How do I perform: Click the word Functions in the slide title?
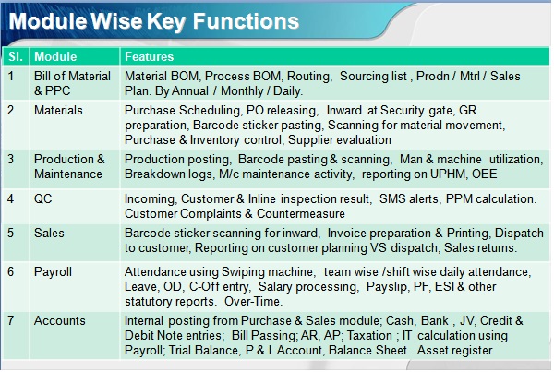(246, 21)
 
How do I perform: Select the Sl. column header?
(15, 56)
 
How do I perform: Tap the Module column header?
(55, 56)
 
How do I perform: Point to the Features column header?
(149, 56)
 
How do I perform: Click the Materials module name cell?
(58, 110)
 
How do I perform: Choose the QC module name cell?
(42, 198)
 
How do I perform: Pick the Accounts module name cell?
(60, 320)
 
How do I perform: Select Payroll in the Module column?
(53, 271)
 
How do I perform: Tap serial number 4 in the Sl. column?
(11, 198)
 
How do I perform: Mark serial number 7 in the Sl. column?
(11, 320)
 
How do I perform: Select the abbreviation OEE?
(485, 174)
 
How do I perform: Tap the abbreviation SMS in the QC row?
(391, 198)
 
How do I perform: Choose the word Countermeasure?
(301, 214)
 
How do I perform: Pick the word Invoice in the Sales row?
(346, 234)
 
